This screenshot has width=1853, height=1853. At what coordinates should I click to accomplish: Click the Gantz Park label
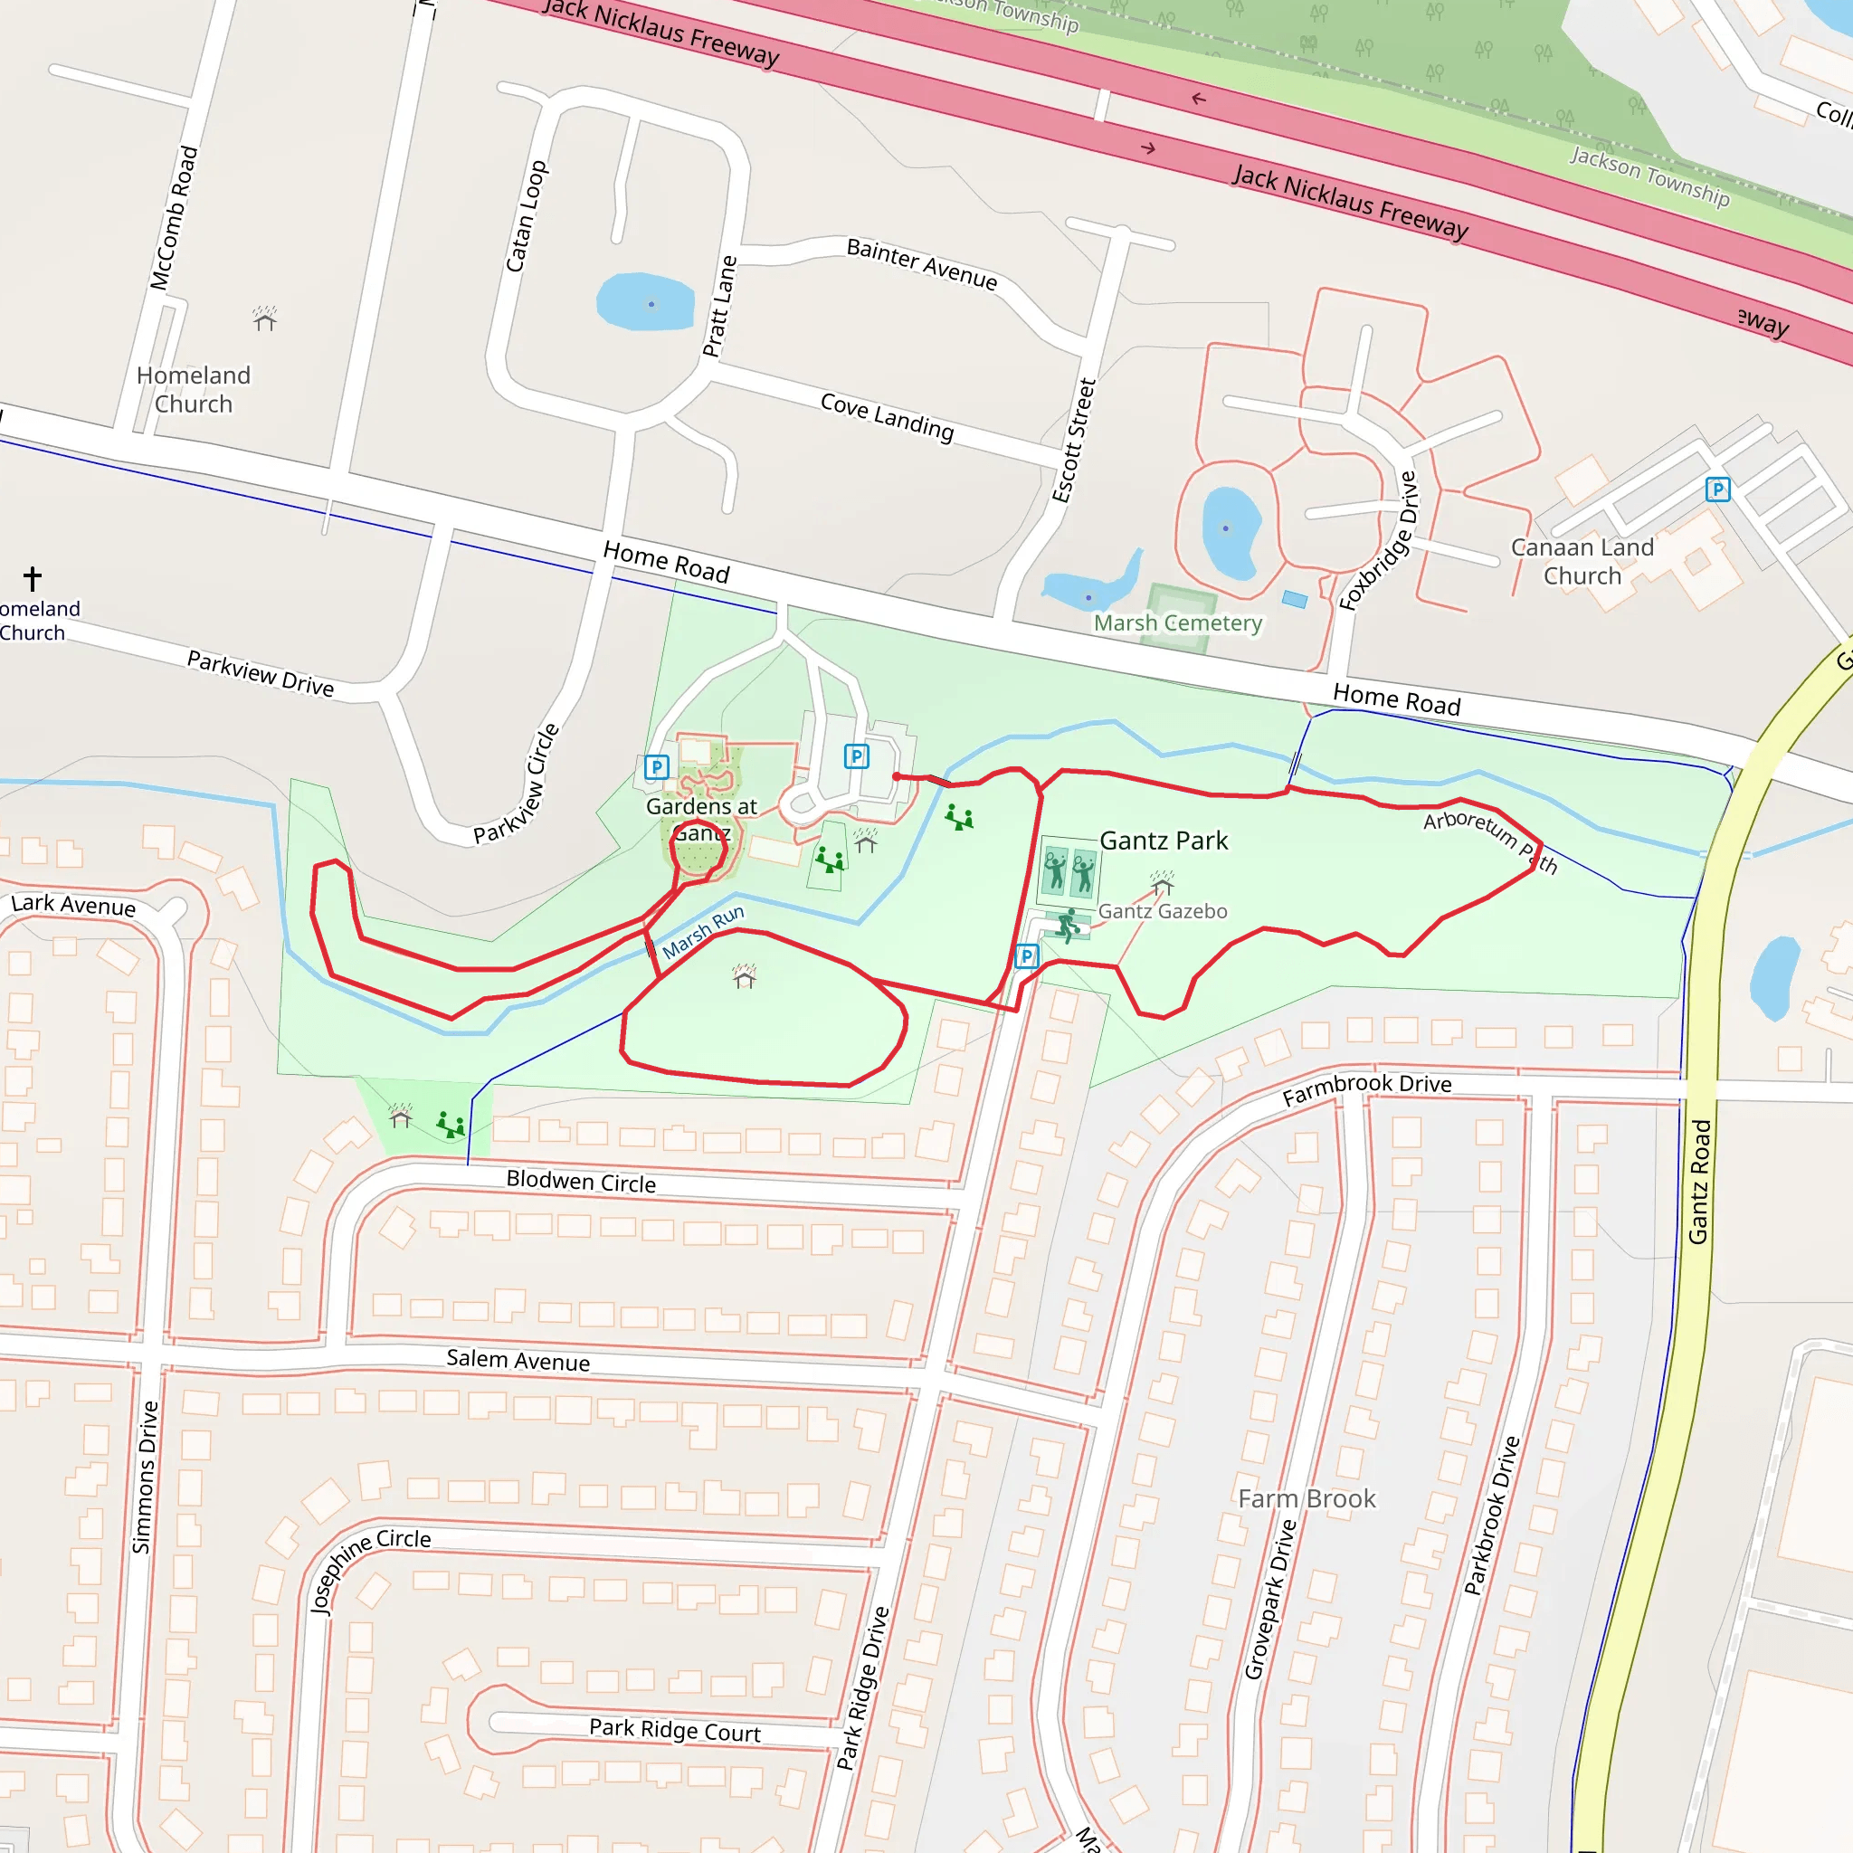[1163, 841]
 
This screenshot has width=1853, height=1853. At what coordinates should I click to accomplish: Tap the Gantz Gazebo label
[1162, 911]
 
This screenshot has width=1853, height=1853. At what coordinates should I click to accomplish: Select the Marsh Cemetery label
[1178, 623]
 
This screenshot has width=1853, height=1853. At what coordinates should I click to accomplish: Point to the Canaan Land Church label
[1582, 561]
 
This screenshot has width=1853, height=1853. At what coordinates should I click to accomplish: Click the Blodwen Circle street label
[580, 1182]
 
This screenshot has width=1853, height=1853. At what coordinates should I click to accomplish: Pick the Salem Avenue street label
[518, 1360]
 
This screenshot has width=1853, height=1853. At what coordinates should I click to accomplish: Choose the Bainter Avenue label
[922, 264]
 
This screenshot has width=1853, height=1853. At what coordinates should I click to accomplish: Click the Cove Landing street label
[888, 416]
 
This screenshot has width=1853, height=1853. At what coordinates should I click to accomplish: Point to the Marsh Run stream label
[703, 931]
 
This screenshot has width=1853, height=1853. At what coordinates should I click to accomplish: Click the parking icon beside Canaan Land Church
[1718, 489]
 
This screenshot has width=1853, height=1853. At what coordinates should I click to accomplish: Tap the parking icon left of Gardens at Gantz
[656, 767]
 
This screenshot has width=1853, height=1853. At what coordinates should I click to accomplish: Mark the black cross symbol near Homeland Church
[33, 578]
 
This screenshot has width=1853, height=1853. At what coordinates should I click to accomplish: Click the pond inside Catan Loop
[645, 301]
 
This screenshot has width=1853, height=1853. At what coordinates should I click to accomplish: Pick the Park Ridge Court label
[674, 1730]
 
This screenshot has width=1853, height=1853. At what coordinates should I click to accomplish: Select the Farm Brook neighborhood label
[1307, 1498]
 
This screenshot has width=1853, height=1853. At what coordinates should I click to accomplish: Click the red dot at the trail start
[896, 777]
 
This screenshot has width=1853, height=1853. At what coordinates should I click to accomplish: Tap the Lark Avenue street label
[73, 905]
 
